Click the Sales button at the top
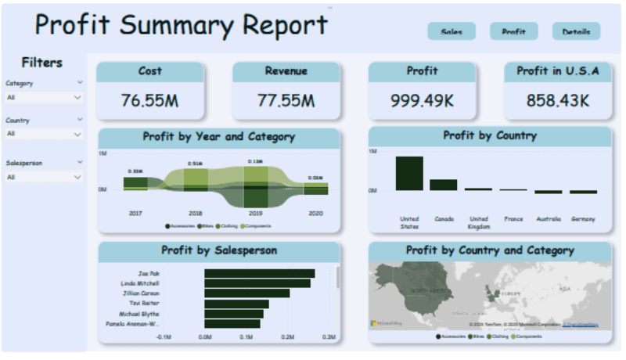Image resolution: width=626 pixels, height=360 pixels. coord(452,32)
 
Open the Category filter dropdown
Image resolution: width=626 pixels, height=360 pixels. coord(44,98)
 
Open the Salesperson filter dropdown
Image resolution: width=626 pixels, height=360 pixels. coord(44,178)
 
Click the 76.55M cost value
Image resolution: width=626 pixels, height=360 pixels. coord(149,100)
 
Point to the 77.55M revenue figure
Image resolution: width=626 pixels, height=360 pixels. coord(286,100)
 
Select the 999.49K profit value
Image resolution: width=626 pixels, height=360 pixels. coord(422,100)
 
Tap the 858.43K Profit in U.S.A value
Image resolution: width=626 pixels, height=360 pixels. coord(558,100)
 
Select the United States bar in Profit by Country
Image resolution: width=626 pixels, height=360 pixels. coord(409,173)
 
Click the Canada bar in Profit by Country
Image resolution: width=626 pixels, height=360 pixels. coord(444,185)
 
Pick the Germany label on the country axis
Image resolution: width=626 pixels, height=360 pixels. coord(583,219)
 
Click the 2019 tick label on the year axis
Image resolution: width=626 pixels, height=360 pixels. coord(255,213)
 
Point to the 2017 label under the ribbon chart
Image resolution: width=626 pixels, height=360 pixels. coord(135,213)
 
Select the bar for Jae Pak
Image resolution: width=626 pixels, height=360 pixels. coord(260,273)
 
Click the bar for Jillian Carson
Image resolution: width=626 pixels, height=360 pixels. coord(247,293)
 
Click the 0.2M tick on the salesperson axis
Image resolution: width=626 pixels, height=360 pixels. coord(288,338)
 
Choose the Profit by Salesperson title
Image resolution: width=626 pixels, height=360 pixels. coord(218,251)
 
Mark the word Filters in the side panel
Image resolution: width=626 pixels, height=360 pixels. coord(42,63)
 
